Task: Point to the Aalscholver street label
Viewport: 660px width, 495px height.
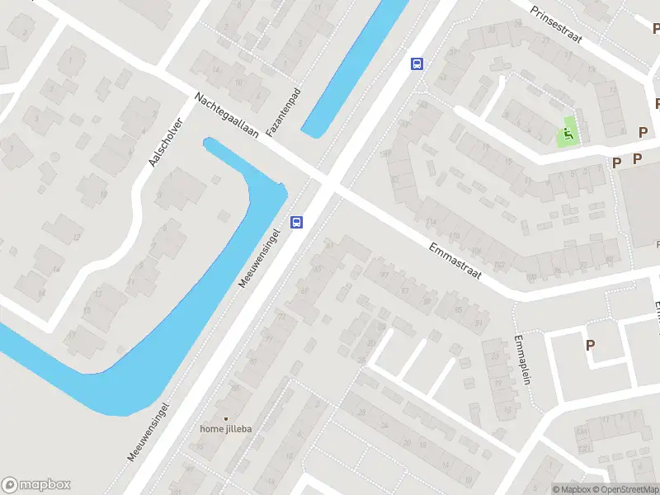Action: (165, 140)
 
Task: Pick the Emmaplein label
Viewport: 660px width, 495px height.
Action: (519, 361)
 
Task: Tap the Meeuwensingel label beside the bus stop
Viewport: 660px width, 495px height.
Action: (261, 257)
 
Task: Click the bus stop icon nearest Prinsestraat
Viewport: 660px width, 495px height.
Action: (417, 64)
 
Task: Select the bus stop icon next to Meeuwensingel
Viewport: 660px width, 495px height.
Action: (296, 221)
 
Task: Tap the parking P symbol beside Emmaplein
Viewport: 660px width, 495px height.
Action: (590, 345)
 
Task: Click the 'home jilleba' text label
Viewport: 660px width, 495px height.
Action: (225, 429)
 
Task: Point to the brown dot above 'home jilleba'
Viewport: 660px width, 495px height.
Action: (225, 417)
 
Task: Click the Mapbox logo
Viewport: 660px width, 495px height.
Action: (36, 485)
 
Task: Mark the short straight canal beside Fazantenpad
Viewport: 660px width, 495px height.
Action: (355, 66)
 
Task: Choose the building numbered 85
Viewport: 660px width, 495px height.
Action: (459, 309)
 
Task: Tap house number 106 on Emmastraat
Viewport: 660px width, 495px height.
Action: (476, 251)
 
